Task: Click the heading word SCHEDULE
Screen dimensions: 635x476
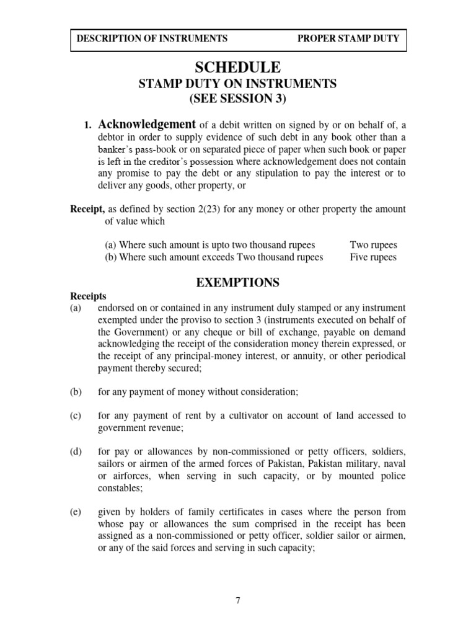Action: (238, 67)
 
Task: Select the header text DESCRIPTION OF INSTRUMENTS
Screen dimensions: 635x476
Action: (152, 38)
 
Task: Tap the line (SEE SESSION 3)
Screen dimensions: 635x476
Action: (238, 99)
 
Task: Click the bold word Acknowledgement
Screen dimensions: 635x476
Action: (148, 124)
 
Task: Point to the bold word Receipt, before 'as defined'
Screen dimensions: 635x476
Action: (87, 210)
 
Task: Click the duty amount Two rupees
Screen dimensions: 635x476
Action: (373, 245)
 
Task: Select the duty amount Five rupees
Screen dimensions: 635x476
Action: (373, 257)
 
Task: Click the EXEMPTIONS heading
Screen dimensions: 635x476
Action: (238, 283)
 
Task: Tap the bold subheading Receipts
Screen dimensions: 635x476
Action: (87, 296)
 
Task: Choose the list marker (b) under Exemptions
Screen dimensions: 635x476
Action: (76, 392)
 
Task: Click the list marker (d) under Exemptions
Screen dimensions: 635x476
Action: (76, 451)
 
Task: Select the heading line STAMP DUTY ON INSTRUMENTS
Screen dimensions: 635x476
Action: (238, 84)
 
